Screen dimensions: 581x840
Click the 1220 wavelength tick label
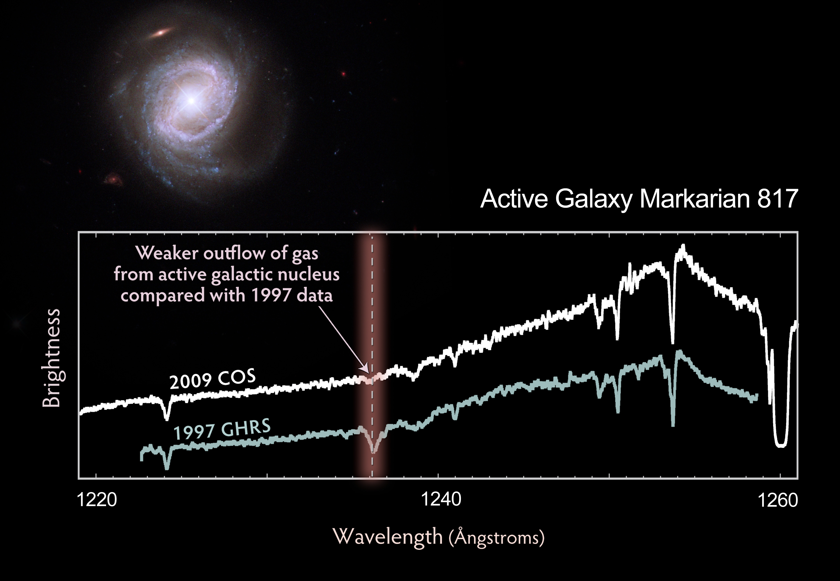97,500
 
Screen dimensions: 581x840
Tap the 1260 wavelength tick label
777,500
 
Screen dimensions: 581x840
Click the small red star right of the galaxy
343,74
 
